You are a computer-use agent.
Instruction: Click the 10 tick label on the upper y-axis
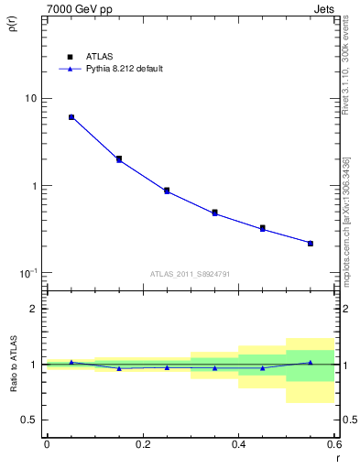[x=30, y=99]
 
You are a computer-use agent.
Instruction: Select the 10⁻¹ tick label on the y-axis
[x=28, y=273]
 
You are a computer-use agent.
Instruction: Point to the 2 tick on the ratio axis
[x=35, y=310]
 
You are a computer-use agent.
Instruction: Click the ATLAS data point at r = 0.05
[x=71, y=117]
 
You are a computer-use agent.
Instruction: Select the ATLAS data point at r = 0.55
[x=311, y=243]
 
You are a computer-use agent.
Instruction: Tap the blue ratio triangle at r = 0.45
[x=263, y=368]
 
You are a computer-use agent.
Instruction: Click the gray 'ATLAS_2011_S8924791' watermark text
[x=190, y=273]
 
